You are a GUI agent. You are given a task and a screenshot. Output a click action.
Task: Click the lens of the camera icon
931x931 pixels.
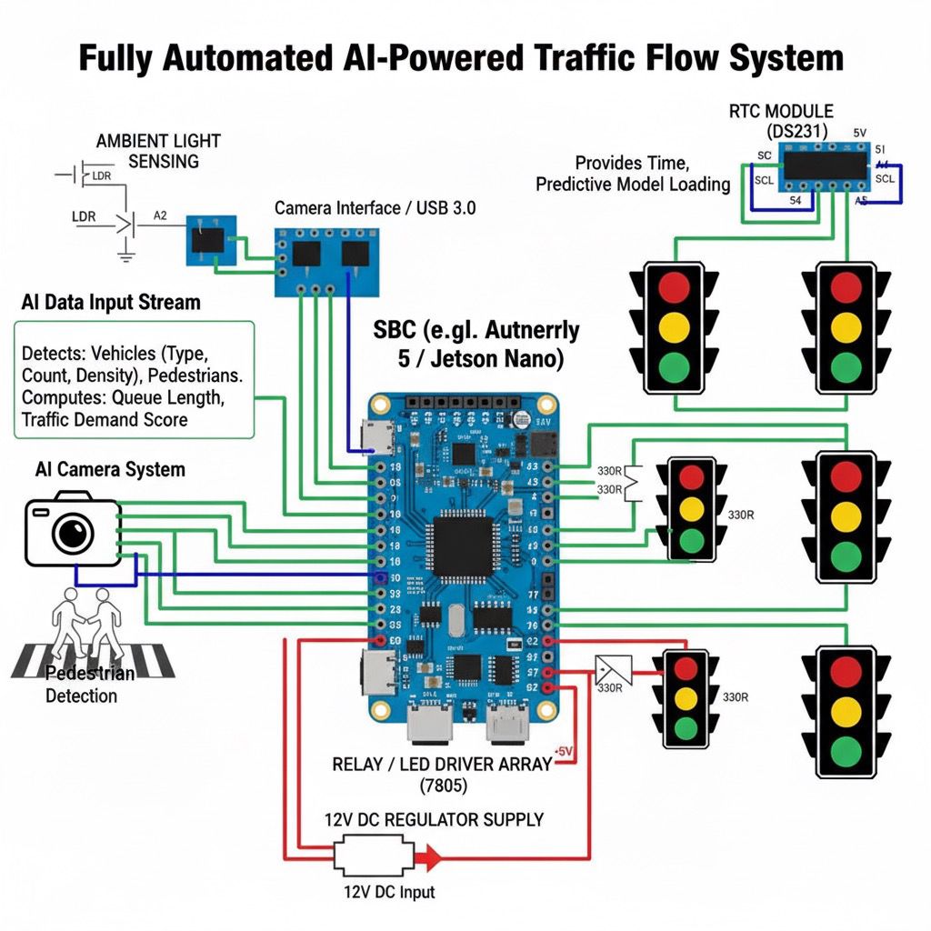[x=73, y=534]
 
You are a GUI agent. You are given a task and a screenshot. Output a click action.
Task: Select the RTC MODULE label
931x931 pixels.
[x=780, y=111]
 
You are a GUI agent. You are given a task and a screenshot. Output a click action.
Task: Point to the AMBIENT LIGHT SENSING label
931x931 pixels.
[x=158, y=151]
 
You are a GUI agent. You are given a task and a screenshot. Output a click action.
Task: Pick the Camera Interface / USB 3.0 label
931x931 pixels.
[x=375, y=208]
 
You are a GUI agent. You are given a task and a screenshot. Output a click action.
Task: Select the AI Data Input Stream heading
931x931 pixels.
[x=110, y=302]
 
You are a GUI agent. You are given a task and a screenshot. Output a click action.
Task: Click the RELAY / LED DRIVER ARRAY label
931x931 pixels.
[x=442, y=764]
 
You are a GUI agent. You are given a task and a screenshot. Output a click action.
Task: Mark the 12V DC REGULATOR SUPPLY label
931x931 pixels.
[x=434, y=819]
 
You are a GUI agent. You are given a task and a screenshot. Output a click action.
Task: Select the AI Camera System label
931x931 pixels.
[x=110, y=469]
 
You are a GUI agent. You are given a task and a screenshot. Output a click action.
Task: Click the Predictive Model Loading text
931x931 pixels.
[x=633, y=185]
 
